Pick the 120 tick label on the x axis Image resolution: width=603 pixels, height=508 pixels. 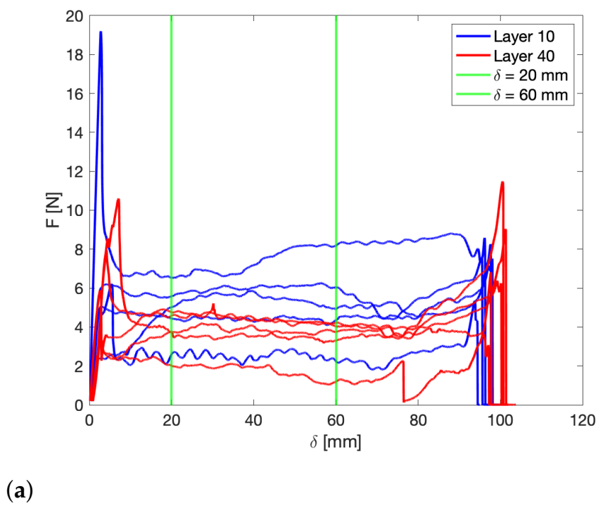click(582, 420)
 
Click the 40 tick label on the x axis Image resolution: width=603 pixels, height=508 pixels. click(254, 420)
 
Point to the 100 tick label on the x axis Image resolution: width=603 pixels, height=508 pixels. click(500, 420)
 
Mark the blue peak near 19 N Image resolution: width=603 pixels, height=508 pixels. click(101, 32)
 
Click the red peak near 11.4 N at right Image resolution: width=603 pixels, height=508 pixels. click(502, 182)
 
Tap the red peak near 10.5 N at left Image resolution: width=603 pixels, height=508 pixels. click(118, 199)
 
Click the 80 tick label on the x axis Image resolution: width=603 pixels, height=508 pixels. click(418, 420)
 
